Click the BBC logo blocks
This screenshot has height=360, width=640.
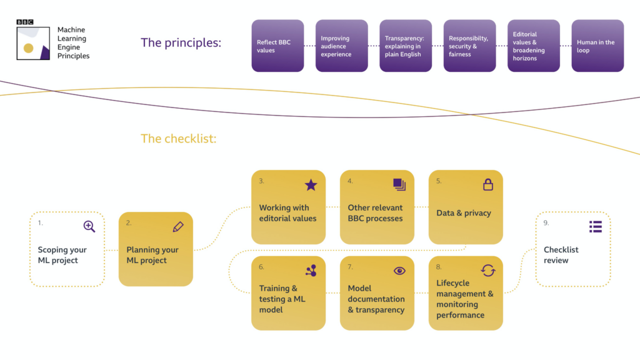[25, 22]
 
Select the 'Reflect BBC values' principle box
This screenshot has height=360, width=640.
[277, 46]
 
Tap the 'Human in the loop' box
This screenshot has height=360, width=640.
[597, 46]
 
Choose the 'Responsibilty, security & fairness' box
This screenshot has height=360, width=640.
[469, 46]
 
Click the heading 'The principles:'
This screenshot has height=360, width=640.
[181, 42]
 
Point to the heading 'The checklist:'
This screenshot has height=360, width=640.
[178, 138]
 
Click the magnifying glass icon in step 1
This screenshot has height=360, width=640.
[89, 226]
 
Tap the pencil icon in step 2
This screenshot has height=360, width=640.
[178, 226]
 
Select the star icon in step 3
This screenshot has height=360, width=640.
[311, 184]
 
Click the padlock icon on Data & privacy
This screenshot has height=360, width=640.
[488, 184]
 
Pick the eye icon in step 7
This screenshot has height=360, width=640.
[399, 271]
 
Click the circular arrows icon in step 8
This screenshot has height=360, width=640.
[488, 271]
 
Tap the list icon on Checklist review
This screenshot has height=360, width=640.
[596, 226]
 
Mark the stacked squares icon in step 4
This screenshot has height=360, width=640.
[399, 184]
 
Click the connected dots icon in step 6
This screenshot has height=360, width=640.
[311, 271]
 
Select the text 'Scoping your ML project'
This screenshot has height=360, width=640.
[62, 255]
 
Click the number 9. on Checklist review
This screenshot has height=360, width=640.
[547, 222]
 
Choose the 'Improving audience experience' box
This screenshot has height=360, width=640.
[342, 46]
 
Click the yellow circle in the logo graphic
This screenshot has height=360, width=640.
[28, 48]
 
